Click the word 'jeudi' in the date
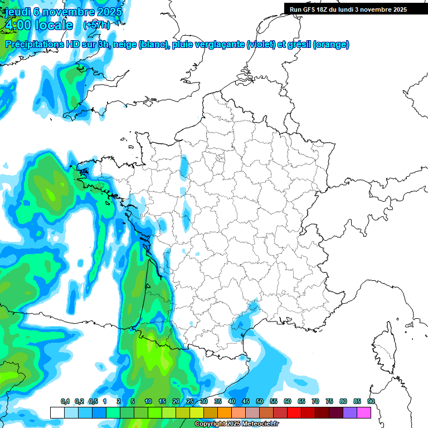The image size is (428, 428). pyautogui.click(x=17, y=12)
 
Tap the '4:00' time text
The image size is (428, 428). pyautogui.click(x=18, y=25)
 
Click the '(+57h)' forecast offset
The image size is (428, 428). pyautogui.click(x=96, y=25)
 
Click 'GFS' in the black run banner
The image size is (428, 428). pyautogui.click(x=310, y=9)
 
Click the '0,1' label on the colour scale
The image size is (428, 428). pyautogui.click(x=65, y=402)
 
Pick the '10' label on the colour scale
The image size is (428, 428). pyautogui.click(x=148, y=402)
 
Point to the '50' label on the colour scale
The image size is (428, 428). pyautogui.click(x=260, y=402)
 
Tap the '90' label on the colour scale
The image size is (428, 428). pyautogui.click(x=371, y=402)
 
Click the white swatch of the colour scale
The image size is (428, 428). pyautogui.click(x=57, y=412)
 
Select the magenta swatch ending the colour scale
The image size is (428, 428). pyautogui.click(x=364, y=412)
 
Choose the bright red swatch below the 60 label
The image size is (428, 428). pyautogui.click(x=294, y=412)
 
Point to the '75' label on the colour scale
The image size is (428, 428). pyautogui.click(x=329, y=402)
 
